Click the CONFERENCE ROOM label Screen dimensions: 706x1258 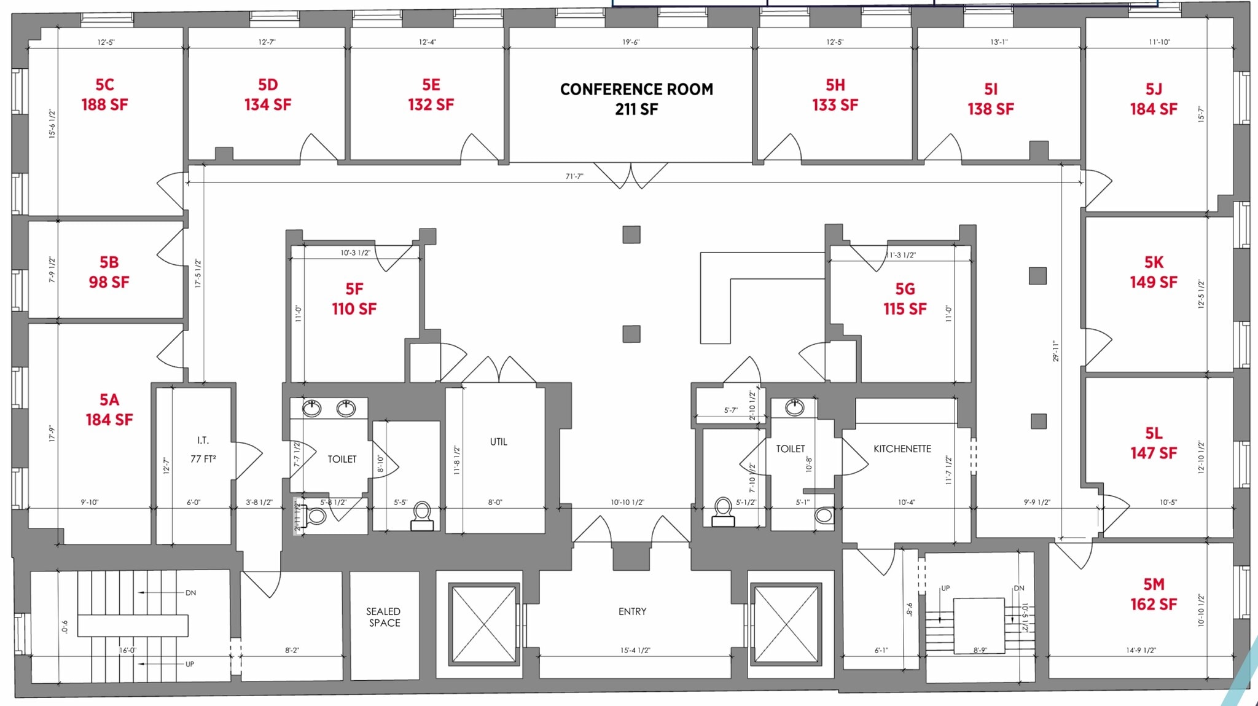pos(636,98)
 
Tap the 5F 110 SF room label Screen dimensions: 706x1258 pos(354,299)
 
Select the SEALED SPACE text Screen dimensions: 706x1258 pos(383,617)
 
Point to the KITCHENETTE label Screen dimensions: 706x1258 pos(902,449)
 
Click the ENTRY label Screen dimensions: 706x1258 pos(632,611)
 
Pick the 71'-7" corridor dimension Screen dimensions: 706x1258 pos(574,176)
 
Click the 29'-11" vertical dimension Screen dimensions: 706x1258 pos(1056,351)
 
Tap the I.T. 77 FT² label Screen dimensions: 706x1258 pos(203,450)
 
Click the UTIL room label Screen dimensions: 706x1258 pos(498,442)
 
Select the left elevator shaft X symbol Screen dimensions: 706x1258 pos(484,624)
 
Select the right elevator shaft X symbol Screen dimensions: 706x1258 pos(786,624)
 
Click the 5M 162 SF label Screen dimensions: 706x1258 pos(1153,594)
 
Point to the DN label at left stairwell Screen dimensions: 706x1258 pos(190,593)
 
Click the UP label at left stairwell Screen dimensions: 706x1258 pos(189,664)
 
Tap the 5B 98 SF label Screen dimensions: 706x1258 pos(109,272)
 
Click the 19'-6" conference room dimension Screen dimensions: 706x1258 pos(630,42)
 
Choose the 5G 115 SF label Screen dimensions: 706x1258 pos(905,299)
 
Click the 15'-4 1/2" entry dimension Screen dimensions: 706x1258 pos(635,650)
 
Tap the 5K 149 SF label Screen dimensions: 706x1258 pos(1153,272)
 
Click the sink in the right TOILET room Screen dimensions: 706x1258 pos(794,407)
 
